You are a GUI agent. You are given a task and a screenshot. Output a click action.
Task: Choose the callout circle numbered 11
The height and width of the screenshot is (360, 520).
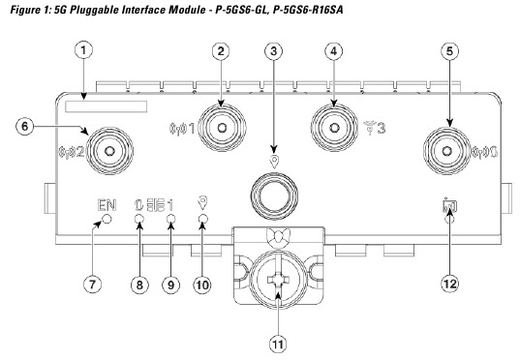[280, 341]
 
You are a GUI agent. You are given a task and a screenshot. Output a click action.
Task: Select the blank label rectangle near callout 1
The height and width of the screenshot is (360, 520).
[112, 103]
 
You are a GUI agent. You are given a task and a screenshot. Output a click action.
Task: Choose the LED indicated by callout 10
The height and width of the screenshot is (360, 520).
[202, 222]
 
